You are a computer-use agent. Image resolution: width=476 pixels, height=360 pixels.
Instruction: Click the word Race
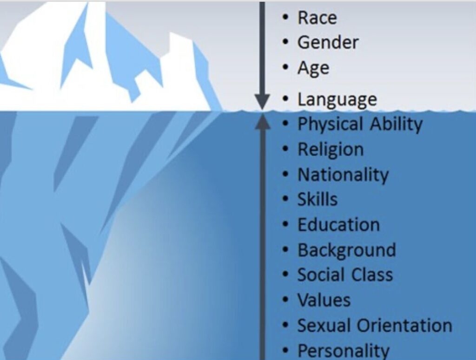pos(317,18)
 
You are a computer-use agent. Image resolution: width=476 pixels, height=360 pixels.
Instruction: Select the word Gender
pos(328,42)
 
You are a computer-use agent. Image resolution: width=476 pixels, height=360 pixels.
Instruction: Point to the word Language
pos(337,100)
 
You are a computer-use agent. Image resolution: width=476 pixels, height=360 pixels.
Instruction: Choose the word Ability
pos(396,124)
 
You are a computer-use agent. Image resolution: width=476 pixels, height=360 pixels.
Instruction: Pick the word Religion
pos(331,150)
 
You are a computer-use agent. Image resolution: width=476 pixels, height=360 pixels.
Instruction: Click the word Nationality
pos(343,175)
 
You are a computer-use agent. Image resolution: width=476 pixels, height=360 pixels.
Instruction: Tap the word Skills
pos(317,200)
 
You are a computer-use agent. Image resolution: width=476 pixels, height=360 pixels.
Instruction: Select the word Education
pos(339,225)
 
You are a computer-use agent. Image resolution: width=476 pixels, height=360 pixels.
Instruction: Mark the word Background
pos(347,250)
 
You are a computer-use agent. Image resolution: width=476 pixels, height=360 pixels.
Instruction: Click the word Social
pos(320,275)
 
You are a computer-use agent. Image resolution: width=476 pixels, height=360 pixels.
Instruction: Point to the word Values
pos(324,300)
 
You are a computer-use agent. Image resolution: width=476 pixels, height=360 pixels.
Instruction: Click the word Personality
pos(344,351)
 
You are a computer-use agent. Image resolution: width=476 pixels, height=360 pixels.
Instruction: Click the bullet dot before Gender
pos(285,42)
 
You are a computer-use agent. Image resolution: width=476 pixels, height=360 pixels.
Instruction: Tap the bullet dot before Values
pos(285,300)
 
